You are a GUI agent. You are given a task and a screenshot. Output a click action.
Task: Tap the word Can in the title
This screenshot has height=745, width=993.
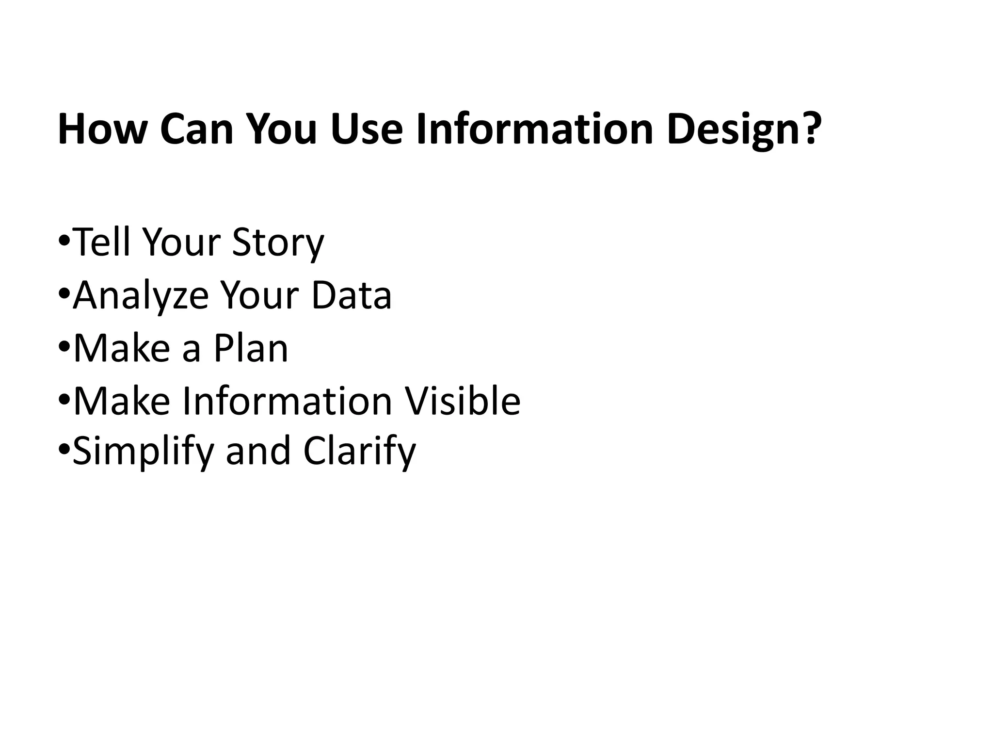click(197, 129)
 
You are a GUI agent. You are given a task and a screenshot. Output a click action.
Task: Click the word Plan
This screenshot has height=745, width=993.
click(251, 348)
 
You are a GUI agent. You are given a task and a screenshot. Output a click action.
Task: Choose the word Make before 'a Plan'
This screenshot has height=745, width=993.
click(122, 348)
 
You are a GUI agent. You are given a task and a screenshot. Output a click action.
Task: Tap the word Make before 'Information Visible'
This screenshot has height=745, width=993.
click(122, 401)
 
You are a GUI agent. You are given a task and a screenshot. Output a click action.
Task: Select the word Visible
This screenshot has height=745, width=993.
click(463, 401)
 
